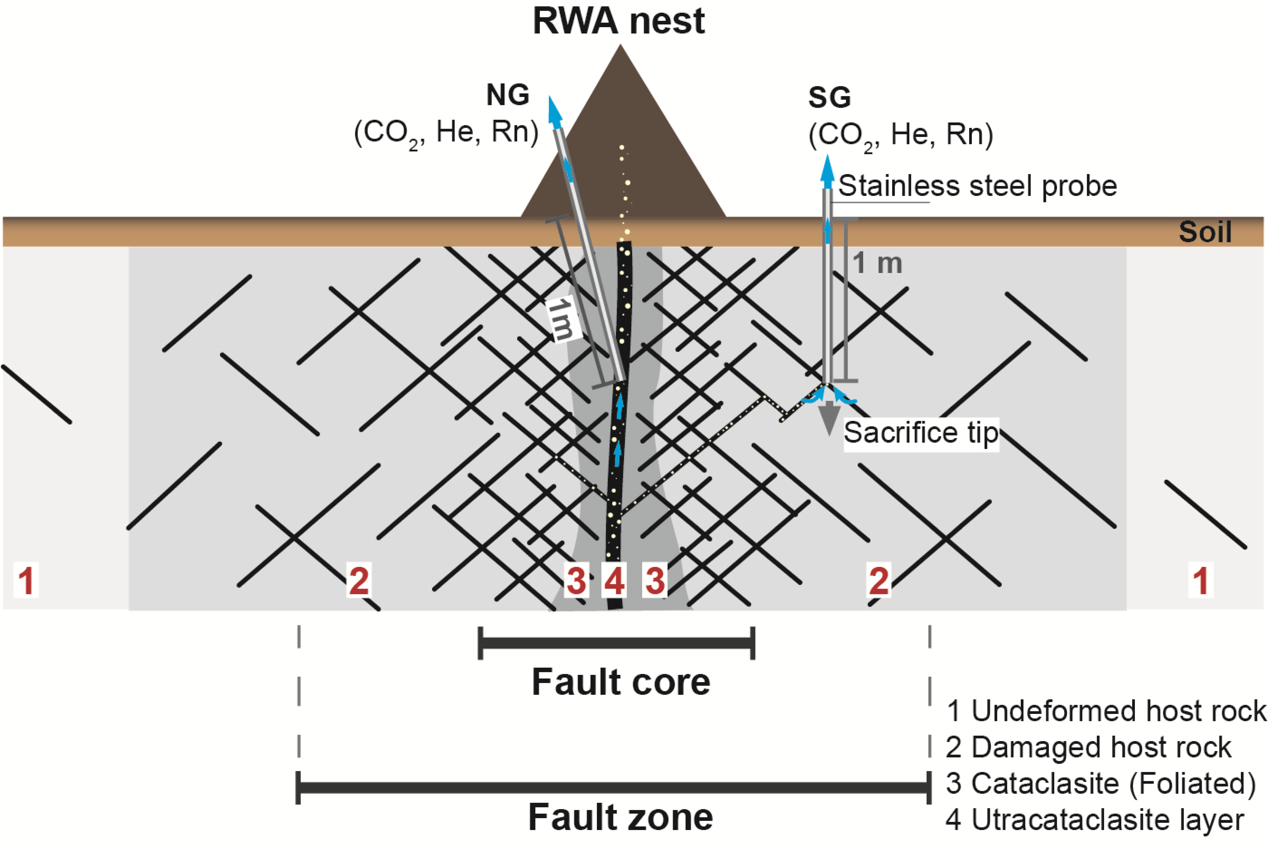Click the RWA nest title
tap(618, 21)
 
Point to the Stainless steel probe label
tap(977, 186)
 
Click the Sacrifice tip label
tap(921, 433)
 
